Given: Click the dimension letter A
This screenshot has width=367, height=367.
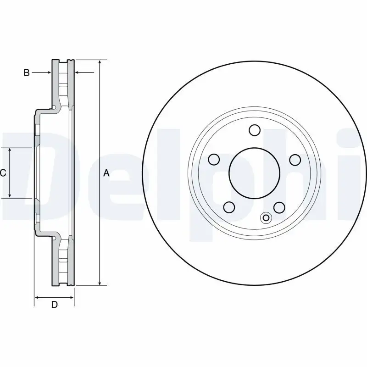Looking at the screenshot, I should pos(106,173).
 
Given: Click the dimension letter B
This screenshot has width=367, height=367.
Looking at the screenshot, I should pos(27,72).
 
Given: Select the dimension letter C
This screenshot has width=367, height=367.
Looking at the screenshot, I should pos(3,173).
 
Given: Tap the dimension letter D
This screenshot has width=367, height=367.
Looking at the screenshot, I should pos(54,305).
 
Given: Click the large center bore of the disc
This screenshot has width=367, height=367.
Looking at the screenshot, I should pos(255,172).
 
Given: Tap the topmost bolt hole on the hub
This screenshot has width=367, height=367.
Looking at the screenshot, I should pos(255,130).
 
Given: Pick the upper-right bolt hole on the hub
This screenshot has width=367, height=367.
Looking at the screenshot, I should pos(295,159).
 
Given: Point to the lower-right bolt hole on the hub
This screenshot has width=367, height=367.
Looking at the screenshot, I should pos(279,207).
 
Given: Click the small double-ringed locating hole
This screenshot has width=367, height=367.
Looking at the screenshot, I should pos(266,218).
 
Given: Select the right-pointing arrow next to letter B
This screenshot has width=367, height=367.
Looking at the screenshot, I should pos(48,72).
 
